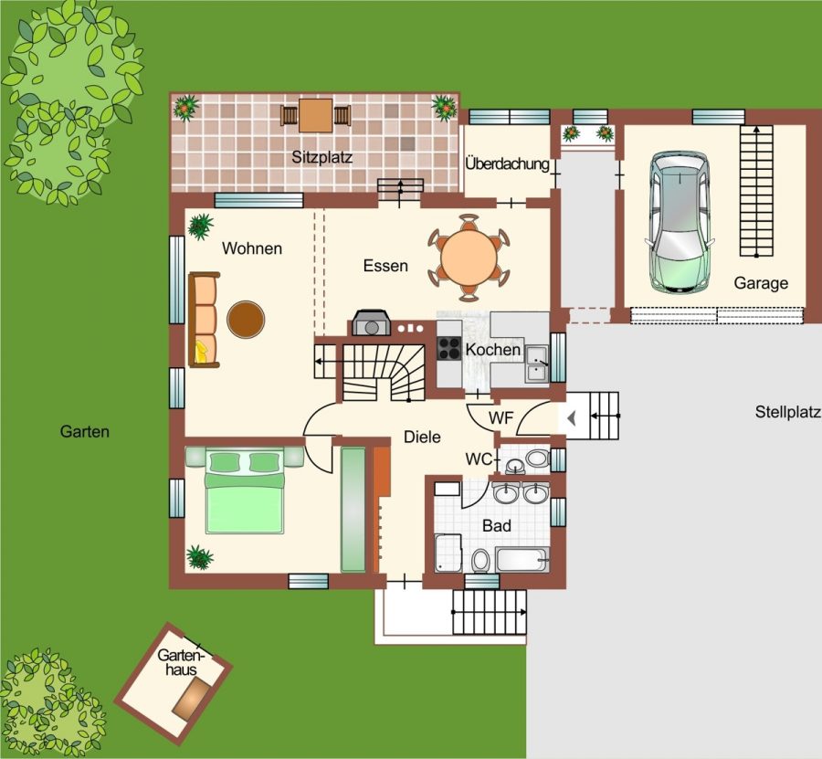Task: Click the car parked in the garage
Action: click(x=680, y=222)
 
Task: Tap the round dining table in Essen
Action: click(x=469, y=258)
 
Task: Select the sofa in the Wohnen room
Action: click(x=204, y=320)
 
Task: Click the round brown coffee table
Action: click(x=246, y=320)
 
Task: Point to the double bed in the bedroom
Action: click(x=245, y=490)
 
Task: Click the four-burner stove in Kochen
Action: click(x=449, y=348)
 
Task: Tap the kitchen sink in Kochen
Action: click(x=537, y=364)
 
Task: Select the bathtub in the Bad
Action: click(x=522, y=560)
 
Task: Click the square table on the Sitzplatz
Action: click(x=316, y=115)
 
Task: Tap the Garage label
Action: click(x=761, y=283)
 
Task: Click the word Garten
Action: click(x=84, y=431)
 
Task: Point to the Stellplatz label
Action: click(x=787, y=412)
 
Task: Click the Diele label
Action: click(x=422, y=437)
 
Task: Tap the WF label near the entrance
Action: click(x=501, y=417)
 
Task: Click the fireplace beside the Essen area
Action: click(x=372, y=322)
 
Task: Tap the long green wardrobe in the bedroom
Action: click(x=353, y=510)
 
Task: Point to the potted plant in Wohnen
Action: click(x=201, y=226)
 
